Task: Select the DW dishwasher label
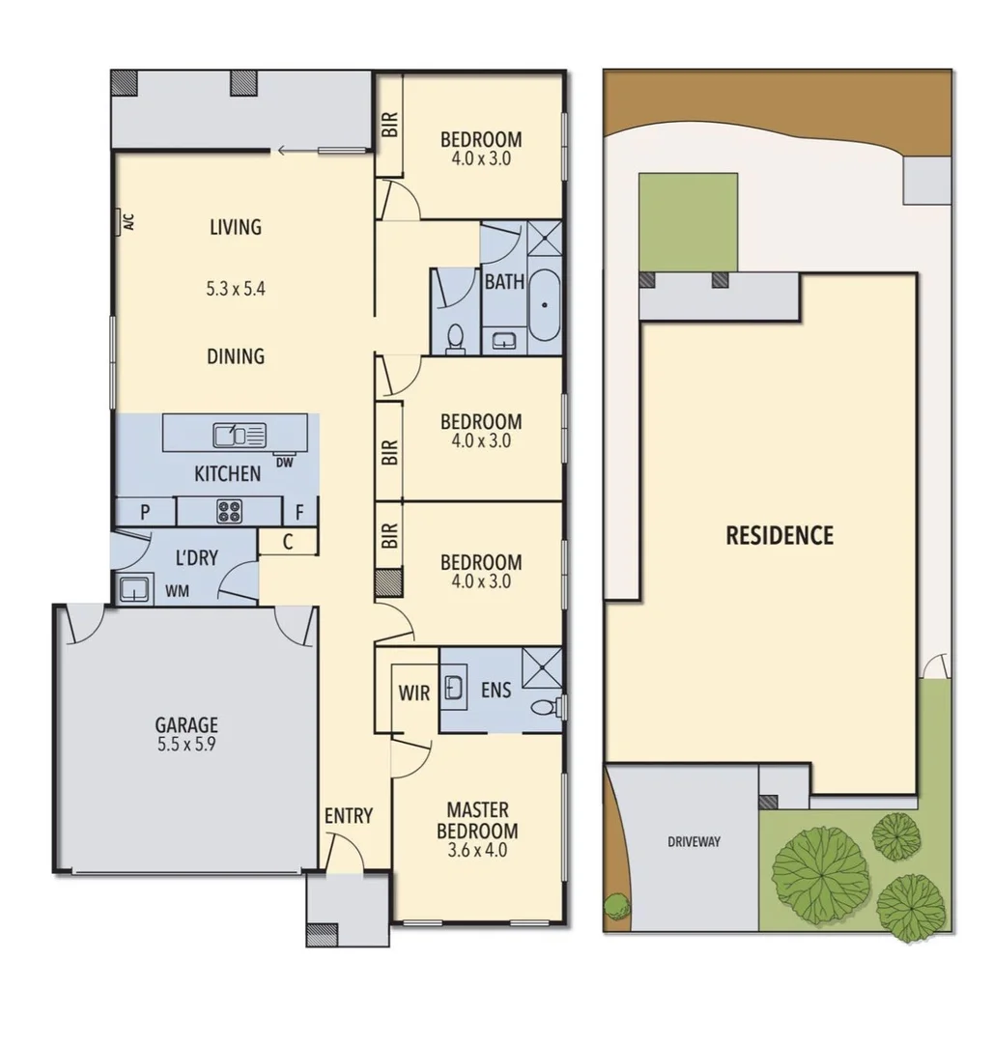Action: pyautogui.click(x=284, y=463)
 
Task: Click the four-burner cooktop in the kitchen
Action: pyautogui.click(x=229, y=511)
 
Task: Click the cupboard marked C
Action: pyautogui.click(x=288, y=543)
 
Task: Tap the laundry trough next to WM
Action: pyautogui.click(x=131, y=588)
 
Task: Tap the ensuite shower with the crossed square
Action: pyautogui.click(x=542, y=666)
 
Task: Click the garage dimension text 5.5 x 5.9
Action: pyautogui.click(x=186, y=745)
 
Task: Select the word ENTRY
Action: pyautogui.click(x=348, y=816)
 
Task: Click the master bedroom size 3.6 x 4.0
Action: pyautogui.click(x=476, y=851)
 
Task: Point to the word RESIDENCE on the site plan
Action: pyautogui.click(x=779, y=535)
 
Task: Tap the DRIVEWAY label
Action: pyautogui.click(x=694, y=841)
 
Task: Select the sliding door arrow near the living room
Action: pyautogui.click(x=283, y=150)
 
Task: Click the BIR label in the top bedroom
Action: pyautogui.click(x=388, y=126)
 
